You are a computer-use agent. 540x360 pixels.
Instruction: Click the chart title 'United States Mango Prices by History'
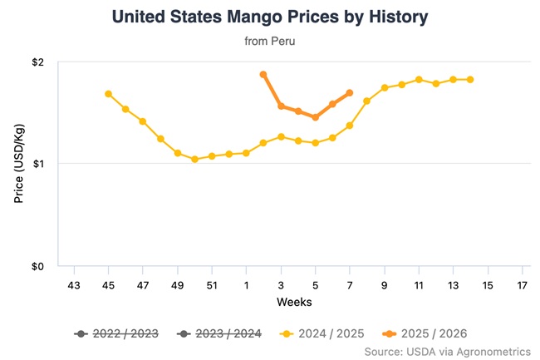[x=270, y=17]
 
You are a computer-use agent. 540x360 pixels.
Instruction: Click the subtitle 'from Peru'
[x=270, y=40]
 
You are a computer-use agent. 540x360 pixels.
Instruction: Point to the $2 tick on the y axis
[x=39, y=62]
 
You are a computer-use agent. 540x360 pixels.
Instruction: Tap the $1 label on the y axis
[x=39, y=164]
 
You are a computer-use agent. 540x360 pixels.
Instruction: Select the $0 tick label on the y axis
[x=39, y=266]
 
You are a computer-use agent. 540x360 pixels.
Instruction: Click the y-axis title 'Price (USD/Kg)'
[x=19, y=165]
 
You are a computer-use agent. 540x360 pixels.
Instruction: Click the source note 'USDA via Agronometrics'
[x=447, y=352]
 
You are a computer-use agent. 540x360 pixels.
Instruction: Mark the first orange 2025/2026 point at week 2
[x=263, y=75]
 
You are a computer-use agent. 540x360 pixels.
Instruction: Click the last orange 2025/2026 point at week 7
[x=349, y=92]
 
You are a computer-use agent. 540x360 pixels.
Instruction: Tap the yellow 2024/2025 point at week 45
[x=109, y=94]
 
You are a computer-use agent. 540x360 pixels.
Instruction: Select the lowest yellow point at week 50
[x=194, y=159]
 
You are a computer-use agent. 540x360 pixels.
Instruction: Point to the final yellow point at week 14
[x=470, y=80]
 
